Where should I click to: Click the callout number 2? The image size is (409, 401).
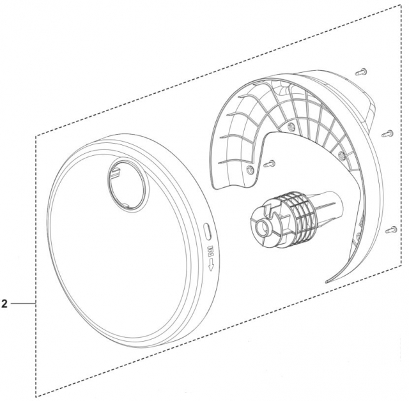coord(4,303)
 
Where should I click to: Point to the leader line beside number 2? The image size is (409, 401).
coord(23,303)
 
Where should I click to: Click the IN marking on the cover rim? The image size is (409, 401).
coord(209,248)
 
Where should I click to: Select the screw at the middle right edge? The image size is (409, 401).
coord(387,133)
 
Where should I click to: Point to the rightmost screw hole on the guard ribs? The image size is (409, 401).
coord(341,155)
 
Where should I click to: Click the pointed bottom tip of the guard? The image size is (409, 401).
coord(327,280)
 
